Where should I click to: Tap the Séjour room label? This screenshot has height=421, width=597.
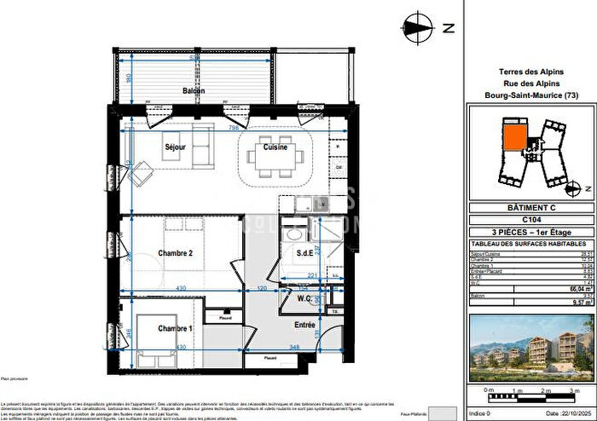point(176,147)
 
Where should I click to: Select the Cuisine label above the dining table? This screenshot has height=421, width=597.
point(275,147)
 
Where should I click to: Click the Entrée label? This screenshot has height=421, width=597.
point(304,325)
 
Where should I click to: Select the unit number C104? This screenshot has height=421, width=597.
point(526,219)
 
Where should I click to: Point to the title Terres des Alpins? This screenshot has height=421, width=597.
point(526,72)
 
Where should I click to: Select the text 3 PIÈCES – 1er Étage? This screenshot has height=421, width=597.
point(526,231)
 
